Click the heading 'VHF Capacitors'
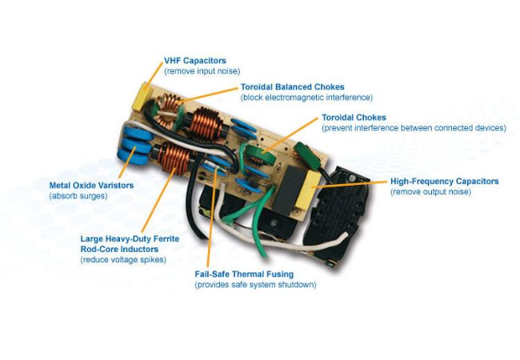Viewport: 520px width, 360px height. point(195,61)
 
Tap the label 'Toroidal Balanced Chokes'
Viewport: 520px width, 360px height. point(293,87)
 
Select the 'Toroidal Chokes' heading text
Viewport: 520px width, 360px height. point(354,118)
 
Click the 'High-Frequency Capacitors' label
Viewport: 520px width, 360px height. point(444,182)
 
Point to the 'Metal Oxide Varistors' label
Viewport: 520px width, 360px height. point(91,186)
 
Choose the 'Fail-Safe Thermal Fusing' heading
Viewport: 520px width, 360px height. point(244,274)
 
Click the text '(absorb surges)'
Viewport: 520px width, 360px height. point(78,196)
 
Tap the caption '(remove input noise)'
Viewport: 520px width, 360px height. point(202,71)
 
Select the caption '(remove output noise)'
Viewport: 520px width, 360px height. point(430,192)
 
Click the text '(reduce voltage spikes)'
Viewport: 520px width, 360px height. point(123,259)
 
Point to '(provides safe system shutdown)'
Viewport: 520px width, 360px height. point(255,285)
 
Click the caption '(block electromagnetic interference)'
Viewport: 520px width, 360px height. point(306,98)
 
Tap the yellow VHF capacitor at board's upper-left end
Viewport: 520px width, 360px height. point(142,97)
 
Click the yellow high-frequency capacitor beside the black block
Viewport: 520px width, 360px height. point(310,190)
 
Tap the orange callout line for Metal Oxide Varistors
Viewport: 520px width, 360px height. point(127,162)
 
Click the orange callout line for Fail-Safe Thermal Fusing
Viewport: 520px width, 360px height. point(212,218)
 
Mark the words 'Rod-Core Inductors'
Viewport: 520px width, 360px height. point(119,249)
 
